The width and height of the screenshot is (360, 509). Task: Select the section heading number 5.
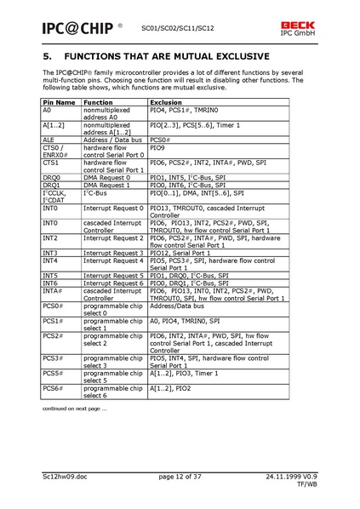pos(48,58)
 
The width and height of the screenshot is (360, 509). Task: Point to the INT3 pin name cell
pos(50,252)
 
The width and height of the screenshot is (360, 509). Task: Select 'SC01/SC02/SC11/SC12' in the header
pos(176,26)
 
